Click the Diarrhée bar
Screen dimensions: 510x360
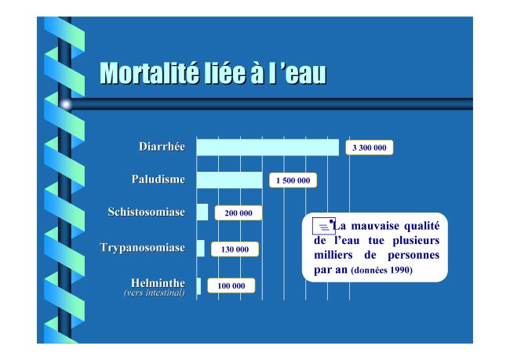point(268,147)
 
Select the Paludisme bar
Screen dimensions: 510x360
point(230,180)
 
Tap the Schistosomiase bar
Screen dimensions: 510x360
point(202,212)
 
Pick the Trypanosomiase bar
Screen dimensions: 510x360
point(201,248)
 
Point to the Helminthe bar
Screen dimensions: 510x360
point(199,285)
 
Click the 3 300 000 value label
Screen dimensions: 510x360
point(370,147)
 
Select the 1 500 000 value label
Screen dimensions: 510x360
point(293,180)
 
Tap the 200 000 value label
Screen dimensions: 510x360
point(239,213)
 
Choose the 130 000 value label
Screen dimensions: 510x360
point(235,249)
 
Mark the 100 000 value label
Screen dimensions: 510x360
point(231,285)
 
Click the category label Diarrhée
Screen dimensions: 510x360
point(162,147)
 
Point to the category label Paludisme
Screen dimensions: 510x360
point(158,179)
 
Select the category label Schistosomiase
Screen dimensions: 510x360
point(147,212)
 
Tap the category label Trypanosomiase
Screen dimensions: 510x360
point(143,248)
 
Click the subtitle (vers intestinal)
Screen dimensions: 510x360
point(155,293)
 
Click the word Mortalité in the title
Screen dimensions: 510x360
point(149,73)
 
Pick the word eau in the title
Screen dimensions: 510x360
point(306,75)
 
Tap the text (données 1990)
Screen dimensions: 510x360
point(382,271)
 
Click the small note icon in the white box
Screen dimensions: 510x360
point(323,226)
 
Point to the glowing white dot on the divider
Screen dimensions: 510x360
point(66,104)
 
